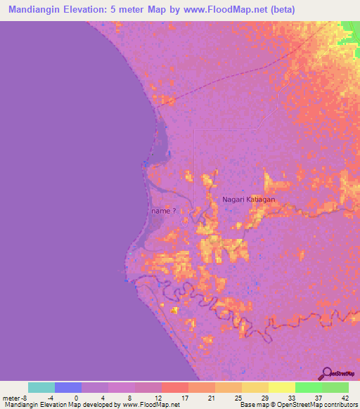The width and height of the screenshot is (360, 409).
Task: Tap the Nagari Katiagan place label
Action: click(248, 200)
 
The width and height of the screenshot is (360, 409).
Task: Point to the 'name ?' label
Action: click(164, 210)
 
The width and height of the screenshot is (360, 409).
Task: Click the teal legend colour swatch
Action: click(41, 387)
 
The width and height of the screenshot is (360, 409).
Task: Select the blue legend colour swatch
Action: click(68, 387)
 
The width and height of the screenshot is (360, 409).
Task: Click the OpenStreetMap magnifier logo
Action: click(328, 373)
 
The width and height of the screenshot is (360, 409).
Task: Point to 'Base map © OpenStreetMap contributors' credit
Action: click(298, 405)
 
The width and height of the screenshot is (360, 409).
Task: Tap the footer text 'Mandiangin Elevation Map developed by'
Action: click(61, 405)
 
